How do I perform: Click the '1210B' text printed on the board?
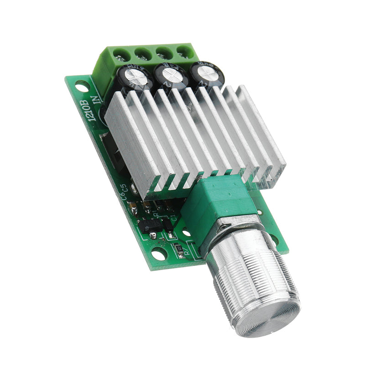tap(86, 109)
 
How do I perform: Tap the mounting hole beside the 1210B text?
tap(82, 86)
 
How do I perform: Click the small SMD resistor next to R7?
tap(179, 249)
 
